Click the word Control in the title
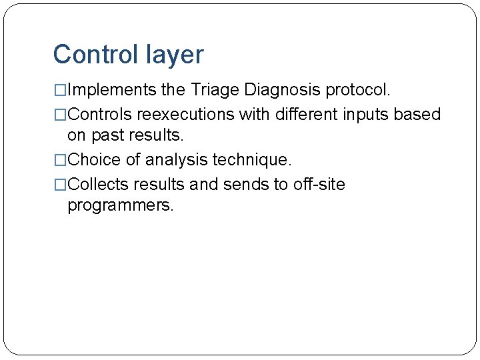pyautogui.click(x=94, y=55)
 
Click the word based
pyautogui.click(x=417, y=115)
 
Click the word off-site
pyautogui.click(x=319, y=184)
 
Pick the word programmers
pyautogui.click(x=121, y=205)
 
